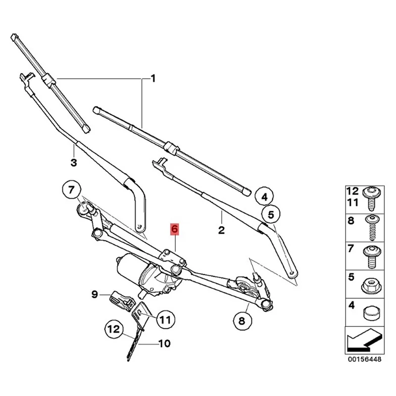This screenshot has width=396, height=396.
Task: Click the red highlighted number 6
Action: pos(175,229)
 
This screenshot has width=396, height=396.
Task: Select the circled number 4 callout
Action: pos(264,197)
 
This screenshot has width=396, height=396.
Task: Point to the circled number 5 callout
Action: pos(270,215)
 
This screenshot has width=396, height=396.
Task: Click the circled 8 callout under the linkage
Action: pos(242,321)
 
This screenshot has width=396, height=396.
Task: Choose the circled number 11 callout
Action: pos(164,319)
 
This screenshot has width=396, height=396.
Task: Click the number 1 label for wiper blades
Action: pos(153,78)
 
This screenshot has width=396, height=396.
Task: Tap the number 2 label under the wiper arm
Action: pos(221,230)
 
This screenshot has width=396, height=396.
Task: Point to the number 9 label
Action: pos(94,296)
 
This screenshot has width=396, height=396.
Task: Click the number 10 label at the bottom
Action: pos(164,343)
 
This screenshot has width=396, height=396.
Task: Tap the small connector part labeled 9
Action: pos(121,298)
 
